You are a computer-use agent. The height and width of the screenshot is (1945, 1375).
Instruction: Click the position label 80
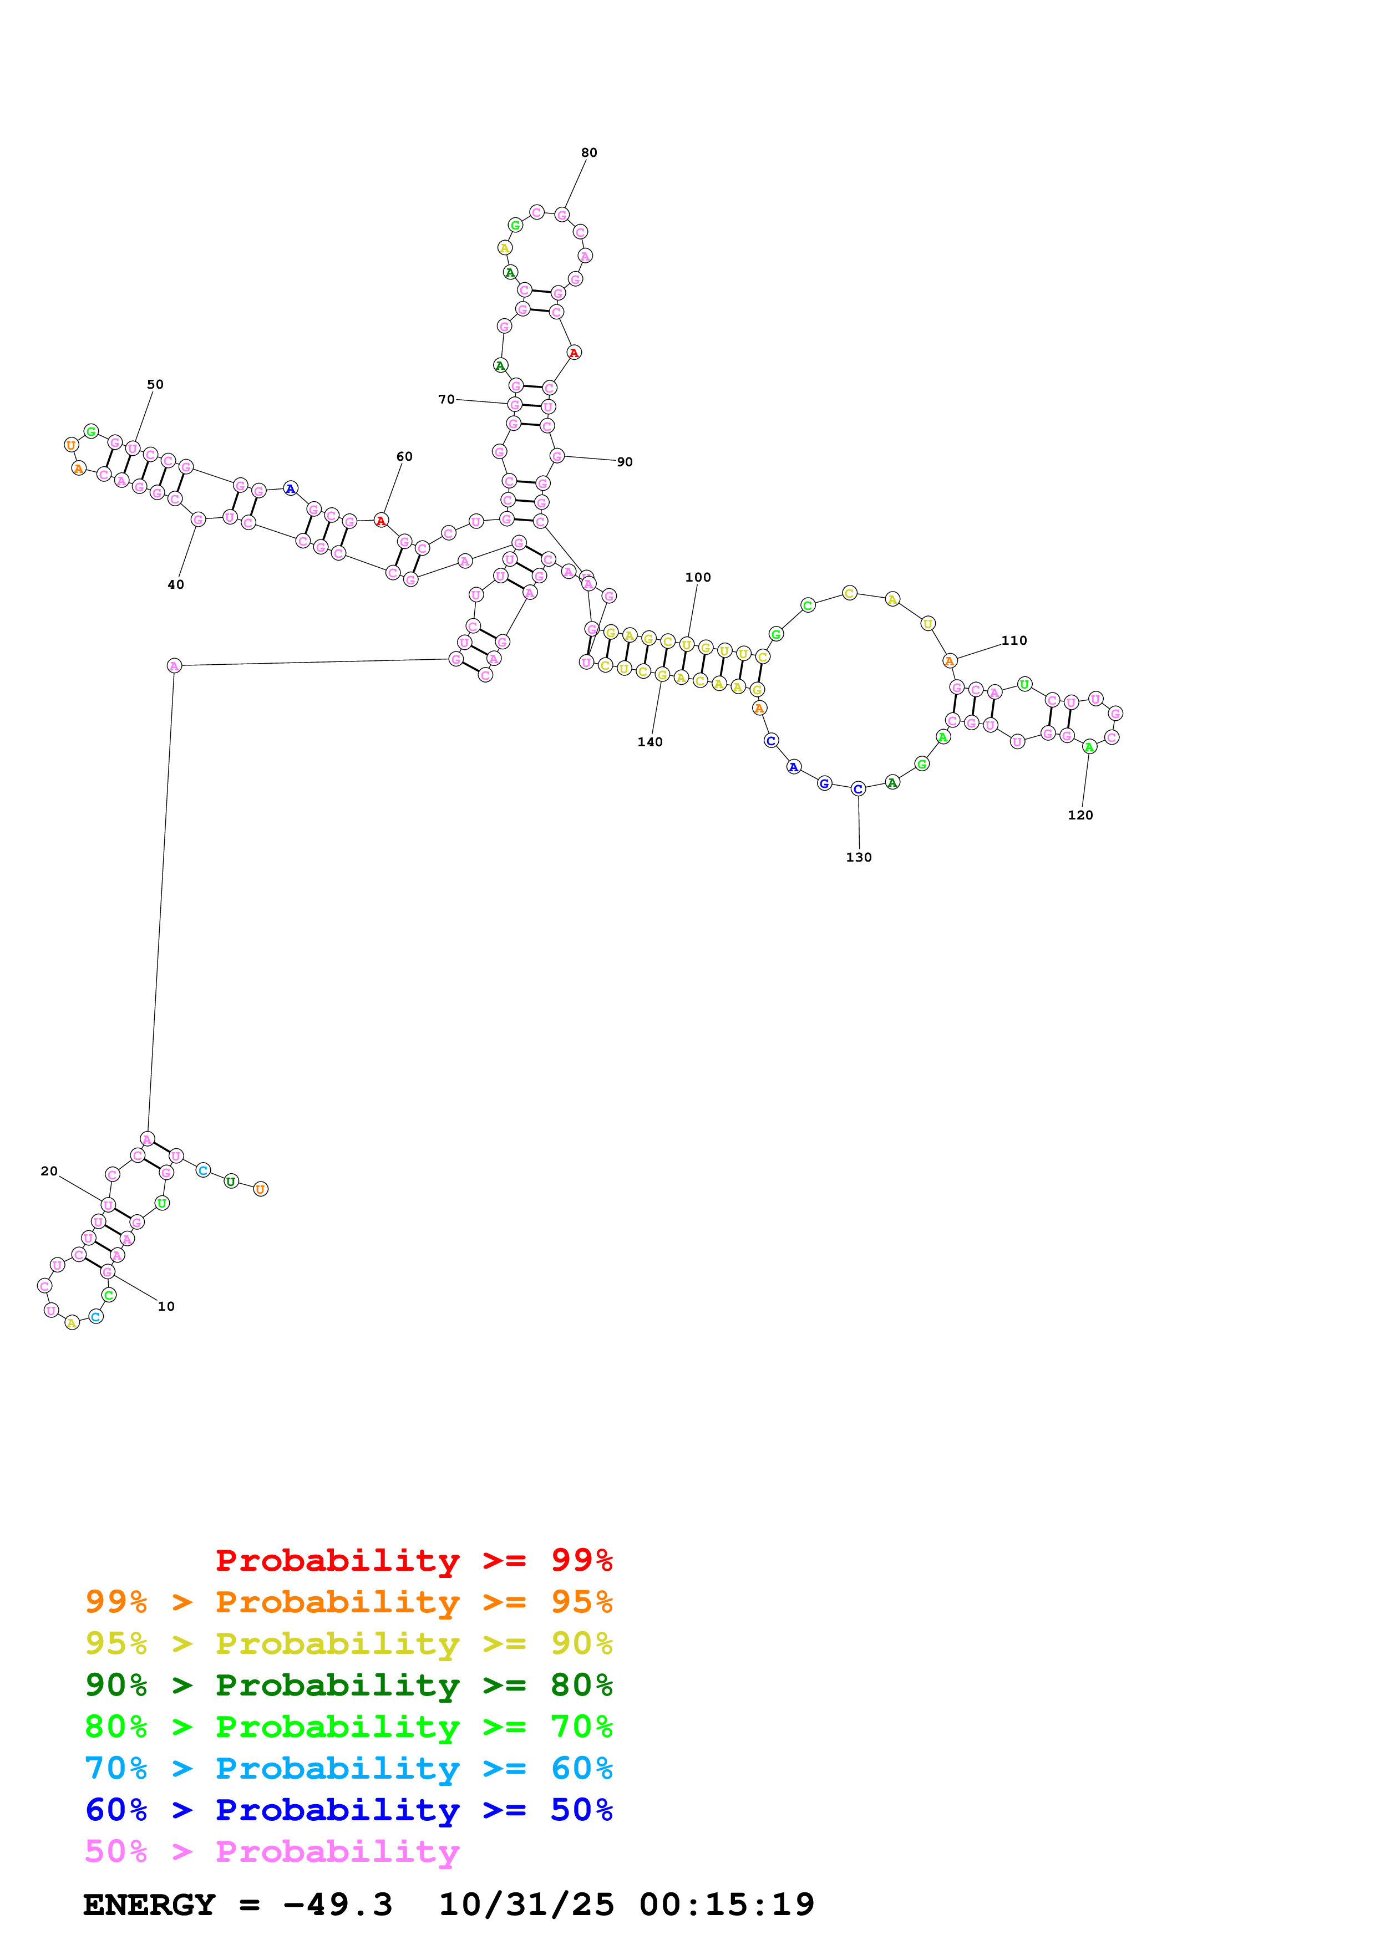point(589,152)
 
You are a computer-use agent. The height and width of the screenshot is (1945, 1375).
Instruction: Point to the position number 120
point(1080,815)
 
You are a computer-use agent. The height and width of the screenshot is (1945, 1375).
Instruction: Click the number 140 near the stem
point(650,742)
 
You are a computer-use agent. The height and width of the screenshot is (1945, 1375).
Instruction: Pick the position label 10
point(166,1306)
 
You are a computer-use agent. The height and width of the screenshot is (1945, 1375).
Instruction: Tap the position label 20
point(49,1171)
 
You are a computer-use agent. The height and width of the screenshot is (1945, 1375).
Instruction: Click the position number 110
point(1014,640)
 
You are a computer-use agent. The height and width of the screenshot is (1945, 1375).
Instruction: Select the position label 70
point(447,399)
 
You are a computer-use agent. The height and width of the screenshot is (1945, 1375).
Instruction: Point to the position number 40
point(175,584)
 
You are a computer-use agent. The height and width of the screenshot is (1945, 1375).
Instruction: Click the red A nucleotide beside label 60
point(381,520)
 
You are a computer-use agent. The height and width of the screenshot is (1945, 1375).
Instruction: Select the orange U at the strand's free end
point(261,1189)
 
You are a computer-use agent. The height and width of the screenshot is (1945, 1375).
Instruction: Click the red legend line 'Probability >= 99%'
point(414,1560)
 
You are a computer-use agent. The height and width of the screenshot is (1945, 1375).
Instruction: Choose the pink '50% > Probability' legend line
point(272,1852)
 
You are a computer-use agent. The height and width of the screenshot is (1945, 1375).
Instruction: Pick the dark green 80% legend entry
point(349,1686)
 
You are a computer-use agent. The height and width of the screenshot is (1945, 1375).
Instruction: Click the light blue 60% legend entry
point(349,1769)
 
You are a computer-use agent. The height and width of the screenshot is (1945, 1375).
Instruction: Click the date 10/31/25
point(526,1905)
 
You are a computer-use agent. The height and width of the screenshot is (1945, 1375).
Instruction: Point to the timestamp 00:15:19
point(727,1905)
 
